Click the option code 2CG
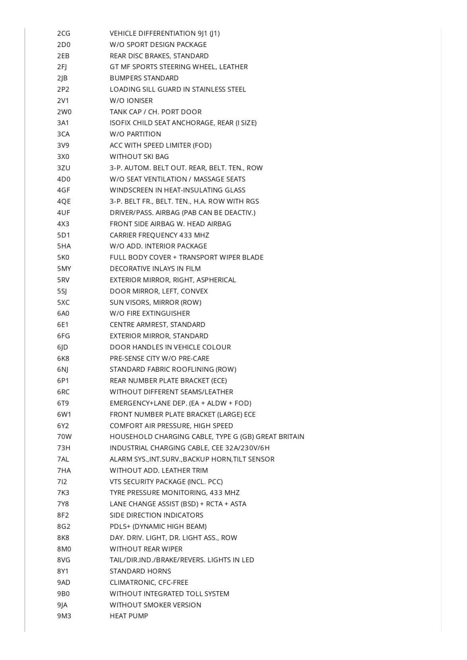(64, 33)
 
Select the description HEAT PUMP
(129, 616)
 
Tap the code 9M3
(64, 616)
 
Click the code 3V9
(63, 146)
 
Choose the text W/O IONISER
(131, 101)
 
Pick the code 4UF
(64, 213)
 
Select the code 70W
(64, 437)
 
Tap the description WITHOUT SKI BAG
(139, 157)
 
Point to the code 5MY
(64, 269)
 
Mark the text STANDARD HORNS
(140, 571)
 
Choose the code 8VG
(64, 560)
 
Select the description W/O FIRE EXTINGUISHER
(150, 313)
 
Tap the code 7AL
(63, 459)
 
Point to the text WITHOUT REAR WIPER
(146, 549)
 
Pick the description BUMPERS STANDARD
(144, 78)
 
